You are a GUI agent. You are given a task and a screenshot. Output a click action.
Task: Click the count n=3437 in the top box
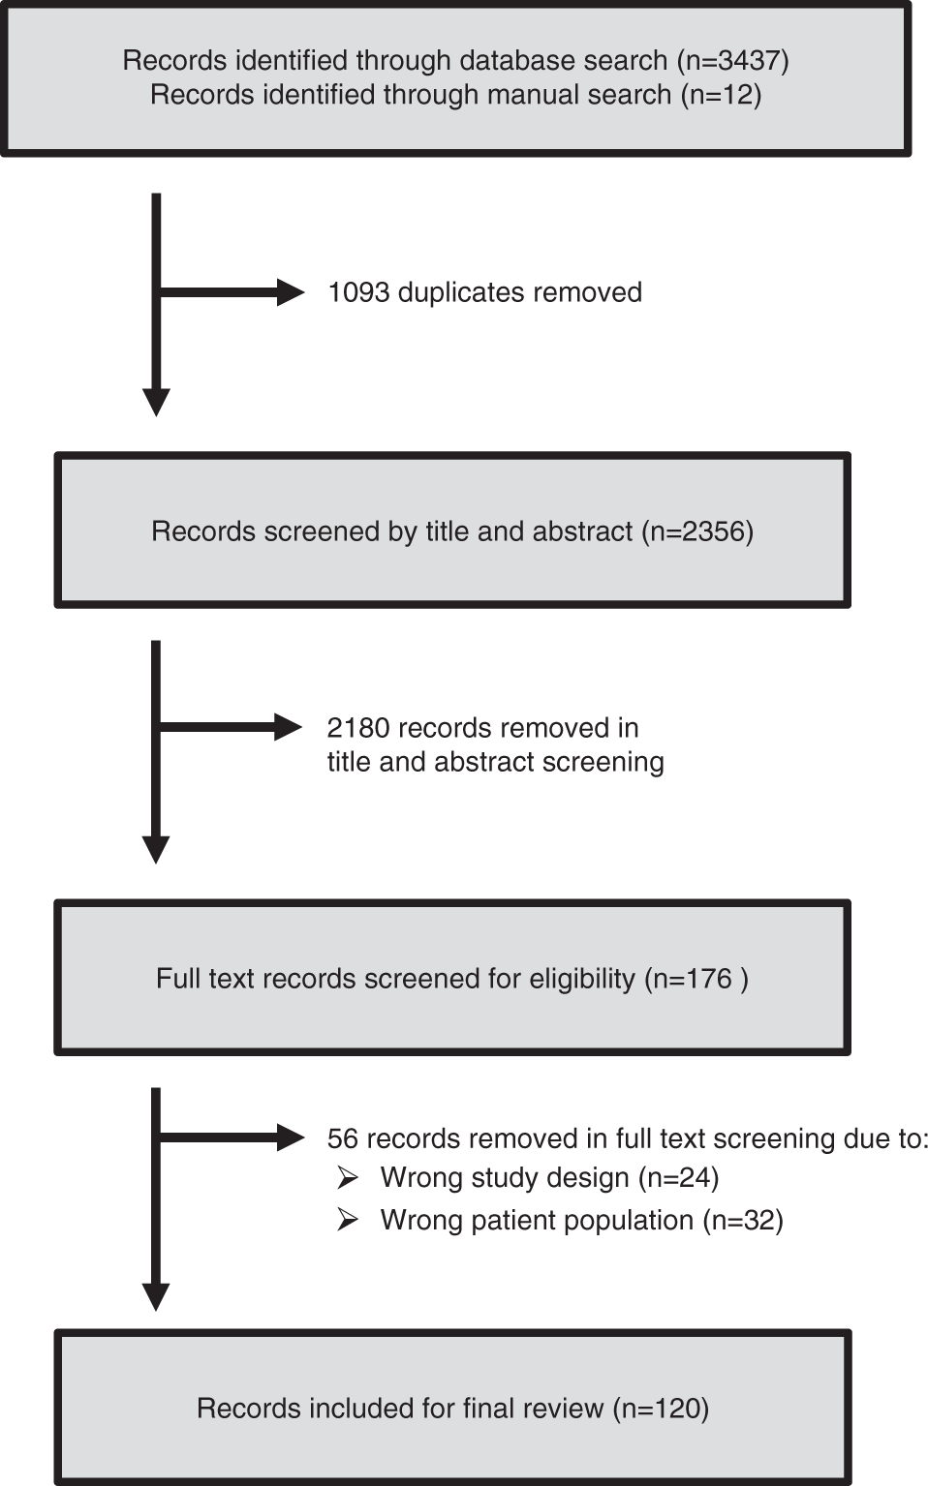point(733,60)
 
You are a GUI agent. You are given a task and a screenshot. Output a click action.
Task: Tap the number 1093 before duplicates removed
point(358,292)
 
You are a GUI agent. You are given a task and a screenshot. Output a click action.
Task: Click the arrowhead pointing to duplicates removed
point(290,292)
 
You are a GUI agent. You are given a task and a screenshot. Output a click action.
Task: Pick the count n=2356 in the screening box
point(697,531)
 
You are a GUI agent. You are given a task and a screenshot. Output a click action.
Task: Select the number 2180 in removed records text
point(358,728)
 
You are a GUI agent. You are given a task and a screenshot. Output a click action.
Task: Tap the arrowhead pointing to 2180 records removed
point(289,727)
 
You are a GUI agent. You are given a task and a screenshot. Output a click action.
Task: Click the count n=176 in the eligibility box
point(693,979)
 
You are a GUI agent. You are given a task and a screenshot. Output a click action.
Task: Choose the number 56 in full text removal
point(343,1138)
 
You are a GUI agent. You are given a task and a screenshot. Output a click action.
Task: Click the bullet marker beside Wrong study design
point(347,1177)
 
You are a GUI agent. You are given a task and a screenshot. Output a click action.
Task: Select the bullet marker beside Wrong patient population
point(347,1220)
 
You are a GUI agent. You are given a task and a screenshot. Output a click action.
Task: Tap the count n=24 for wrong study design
point(679,1177)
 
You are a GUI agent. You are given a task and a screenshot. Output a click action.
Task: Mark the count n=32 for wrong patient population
point(743,1220)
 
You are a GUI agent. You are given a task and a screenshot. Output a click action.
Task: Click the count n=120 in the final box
point(662,1409)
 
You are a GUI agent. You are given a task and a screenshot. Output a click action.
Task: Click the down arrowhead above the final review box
point(156,1297)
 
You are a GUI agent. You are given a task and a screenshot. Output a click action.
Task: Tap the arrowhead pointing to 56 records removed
point(290,1137)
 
